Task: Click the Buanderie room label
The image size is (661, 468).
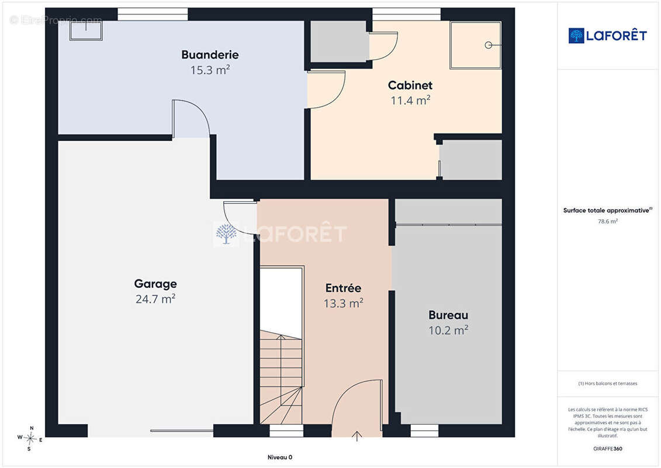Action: (x=210, y=55)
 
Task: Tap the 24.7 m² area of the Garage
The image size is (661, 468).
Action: (x=155, y=299)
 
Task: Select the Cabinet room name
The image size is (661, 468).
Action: (x=410, y=85)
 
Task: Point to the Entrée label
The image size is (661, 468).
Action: (x=343, y=288)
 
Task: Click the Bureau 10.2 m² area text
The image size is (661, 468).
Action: (x=448, y=330)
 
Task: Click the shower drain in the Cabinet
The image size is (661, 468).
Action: (x=488, y=45)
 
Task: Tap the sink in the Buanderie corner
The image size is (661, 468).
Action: (x=86, y=30)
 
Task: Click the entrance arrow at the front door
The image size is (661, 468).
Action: (x=357, y=436)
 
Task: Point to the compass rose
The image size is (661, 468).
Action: (x=30, y=439)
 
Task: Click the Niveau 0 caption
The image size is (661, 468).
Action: (x=280, y=457)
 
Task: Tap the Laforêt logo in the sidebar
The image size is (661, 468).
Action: (x=607, y=36)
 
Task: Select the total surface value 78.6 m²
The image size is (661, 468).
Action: (x=607, y=221)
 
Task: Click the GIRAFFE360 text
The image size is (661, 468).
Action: (x=607, y=449)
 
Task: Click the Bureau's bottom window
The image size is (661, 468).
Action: (x=424, y=431)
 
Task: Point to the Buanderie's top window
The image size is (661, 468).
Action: (x=153, y=14)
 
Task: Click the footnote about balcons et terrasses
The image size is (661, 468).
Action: (x=607, y=384)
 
